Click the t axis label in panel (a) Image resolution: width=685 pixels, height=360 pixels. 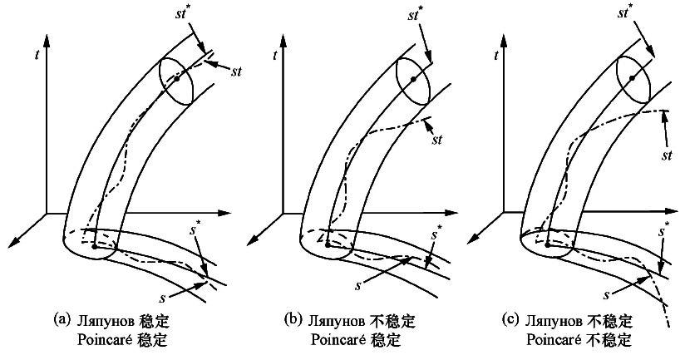[37, 57]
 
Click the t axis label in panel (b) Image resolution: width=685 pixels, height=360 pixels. [275, 57]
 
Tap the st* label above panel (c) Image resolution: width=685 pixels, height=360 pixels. [638, 13]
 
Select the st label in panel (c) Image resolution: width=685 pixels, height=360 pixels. [667, 155]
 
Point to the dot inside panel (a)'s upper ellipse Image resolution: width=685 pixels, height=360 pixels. [175, 77]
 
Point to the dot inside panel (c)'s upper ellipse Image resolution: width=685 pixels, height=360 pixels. [633, 77]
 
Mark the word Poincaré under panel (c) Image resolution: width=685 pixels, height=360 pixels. [554, 339]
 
